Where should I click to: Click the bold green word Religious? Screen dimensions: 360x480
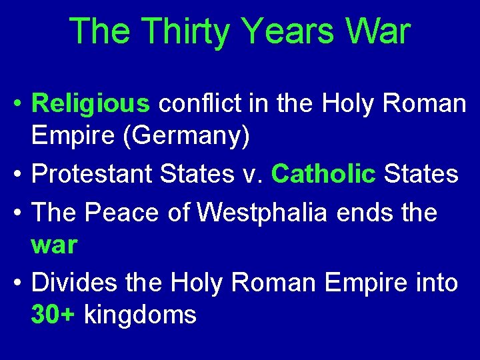(x=91, y=104)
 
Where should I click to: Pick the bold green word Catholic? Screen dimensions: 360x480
(x=323, y=175)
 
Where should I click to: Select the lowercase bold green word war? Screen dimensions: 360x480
(x=54, y=245)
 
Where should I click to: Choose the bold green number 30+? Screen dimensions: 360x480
(x=54, y=315)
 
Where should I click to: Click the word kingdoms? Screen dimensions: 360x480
(x=140, y=315)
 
